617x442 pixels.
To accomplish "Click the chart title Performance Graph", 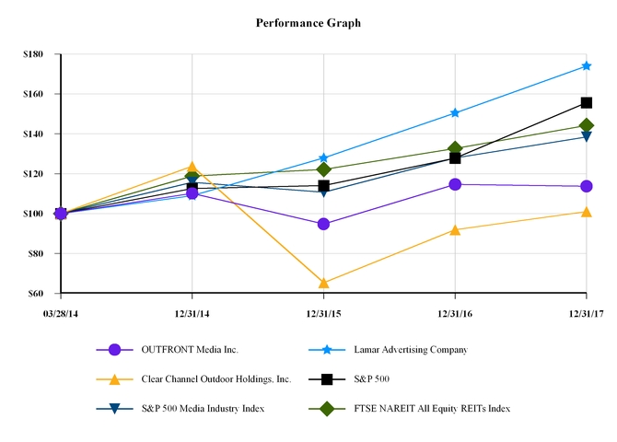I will pyautogui.click(x=308, y=22).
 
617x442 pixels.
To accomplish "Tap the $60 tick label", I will pyautogui.click(x=36, y=293).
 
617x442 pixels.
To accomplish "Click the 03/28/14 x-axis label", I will pyautogui.click(x=61, y=314).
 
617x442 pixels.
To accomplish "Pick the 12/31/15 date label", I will pyautogui.click(x=323, y=314).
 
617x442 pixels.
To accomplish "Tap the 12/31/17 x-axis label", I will pyautogui.click(x=586, y=314).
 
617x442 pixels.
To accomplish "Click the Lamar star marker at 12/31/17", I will pyautogui.click(x=586, y=66).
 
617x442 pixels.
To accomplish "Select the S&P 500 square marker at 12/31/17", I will pyautogui.click(x=586, y=102).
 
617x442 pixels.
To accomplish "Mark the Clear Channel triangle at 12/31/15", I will pyautogui.click(x=323, y=283).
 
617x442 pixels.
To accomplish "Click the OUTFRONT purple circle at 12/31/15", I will pyautogui.click(x=323, y=224).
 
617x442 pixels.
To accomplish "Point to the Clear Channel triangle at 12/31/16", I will pyautogui.click(x=455, y=229).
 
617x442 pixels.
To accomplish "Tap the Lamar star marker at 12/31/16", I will pyautogui.click(x=455, y=112).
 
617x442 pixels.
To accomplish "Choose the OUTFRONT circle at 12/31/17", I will pyautogui.click(x=586, y=186).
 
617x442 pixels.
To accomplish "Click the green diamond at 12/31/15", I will pyautogui.click(x=323, y=169).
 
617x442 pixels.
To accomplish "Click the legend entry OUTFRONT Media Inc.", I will pyautogui.click(x=189, y=350).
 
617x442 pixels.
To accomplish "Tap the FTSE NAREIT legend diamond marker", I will pyautogui.click(x=325, y=408).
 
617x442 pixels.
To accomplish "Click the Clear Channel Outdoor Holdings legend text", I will pyautogui.click(x=216, y=378).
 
